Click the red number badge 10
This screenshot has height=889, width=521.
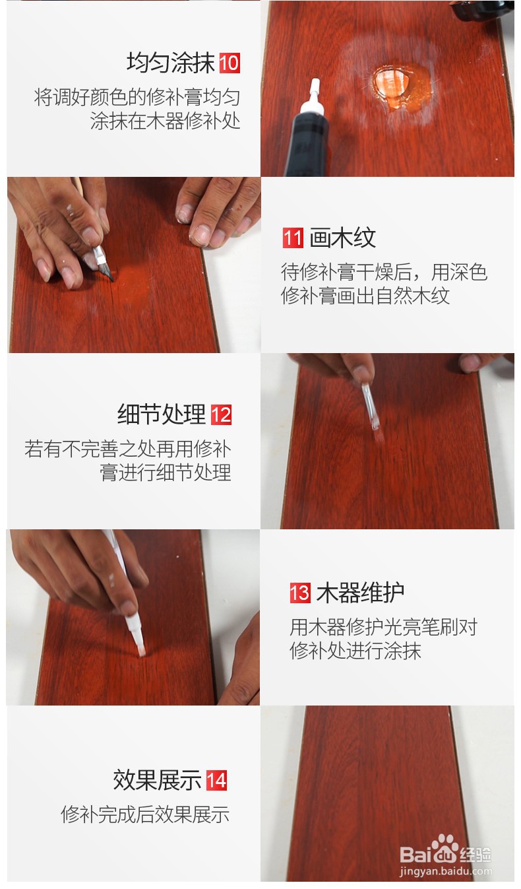230,63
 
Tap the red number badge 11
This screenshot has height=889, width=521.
292,238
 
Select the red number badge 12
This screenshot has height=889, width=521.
222,415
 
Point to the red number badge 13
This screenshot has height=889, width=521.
299,592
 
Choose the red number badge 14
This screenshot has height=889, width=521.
216,781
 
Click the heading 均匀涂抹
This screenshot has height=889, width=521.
171,63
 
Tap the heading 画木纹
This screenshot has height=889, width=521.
343,238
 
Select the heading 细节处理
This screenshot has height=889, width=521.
162,415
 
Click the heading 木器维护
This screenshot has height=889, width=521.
360,592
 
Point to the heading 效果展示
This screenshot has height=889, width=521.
157,781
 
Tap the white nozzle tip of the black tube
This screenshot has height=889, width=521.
316,86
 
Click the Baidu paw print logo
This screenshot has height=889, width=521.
445,847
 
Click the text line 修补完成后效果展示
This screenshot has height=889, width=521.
145,814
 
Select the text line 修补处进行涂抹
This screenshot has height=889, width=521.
355,651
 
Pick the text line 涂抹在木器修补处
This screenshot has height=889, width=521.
165,121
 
